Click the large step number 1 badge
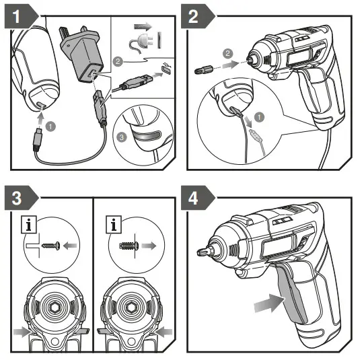tap(21, 16)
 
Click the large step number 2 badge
tap(197, 16)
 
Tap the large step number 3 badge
tap(21, 198)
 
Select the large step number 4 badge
tap(197, 198)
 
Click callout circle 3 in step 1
tap(121, 137)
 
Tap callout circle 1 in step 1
tap(50, 127)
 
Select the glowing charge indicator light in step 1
tap(147, 135)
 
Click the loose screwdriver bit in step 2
tap(204, 69)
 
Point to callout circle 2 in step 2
tap(227, 53)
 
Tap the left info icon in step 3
tap(29, 225)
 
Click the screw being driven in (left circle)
tap(51, 246)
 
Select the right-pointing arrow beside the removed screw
tap(149, 246)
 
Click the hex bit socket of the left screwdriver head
tap(54, 308)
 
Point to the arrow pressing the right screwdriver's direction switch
tap(163, 332)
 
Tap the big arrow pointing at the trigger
tap(269, 303)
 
